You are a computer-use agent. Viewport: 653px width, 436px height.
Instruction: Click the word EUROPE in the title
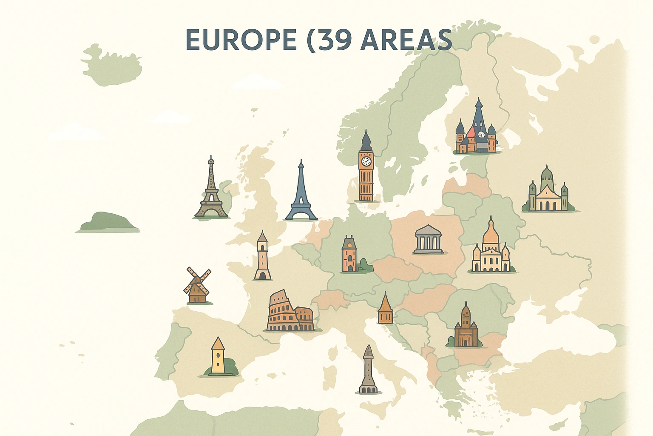point(241,40)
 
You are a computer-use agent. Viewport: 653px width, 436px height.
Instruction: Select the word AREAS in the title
point(406,40)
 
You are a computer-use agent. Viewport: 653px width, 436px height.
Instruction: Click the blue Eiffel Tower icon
point(301,194)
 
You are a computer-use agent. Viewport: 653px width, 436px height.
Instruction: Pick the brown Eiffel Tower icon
point(211,192)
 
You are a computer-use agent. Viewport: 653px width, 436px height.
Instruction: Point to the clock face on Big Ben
point(366,161)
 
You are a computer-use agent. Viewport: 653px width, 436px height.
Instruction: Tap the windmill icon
point(197,285)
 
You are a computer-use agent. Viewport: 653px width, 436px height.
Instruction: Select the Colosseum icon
point(290,313)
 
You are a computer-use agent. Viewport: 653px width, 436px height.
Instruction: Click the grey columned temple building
point(428,240)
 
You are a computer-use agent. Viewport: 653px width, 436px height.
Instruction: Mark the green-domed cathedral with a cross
point(548,192)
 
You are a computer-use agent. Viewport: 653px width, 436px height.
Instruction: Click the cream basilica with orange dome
point(491,249)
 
